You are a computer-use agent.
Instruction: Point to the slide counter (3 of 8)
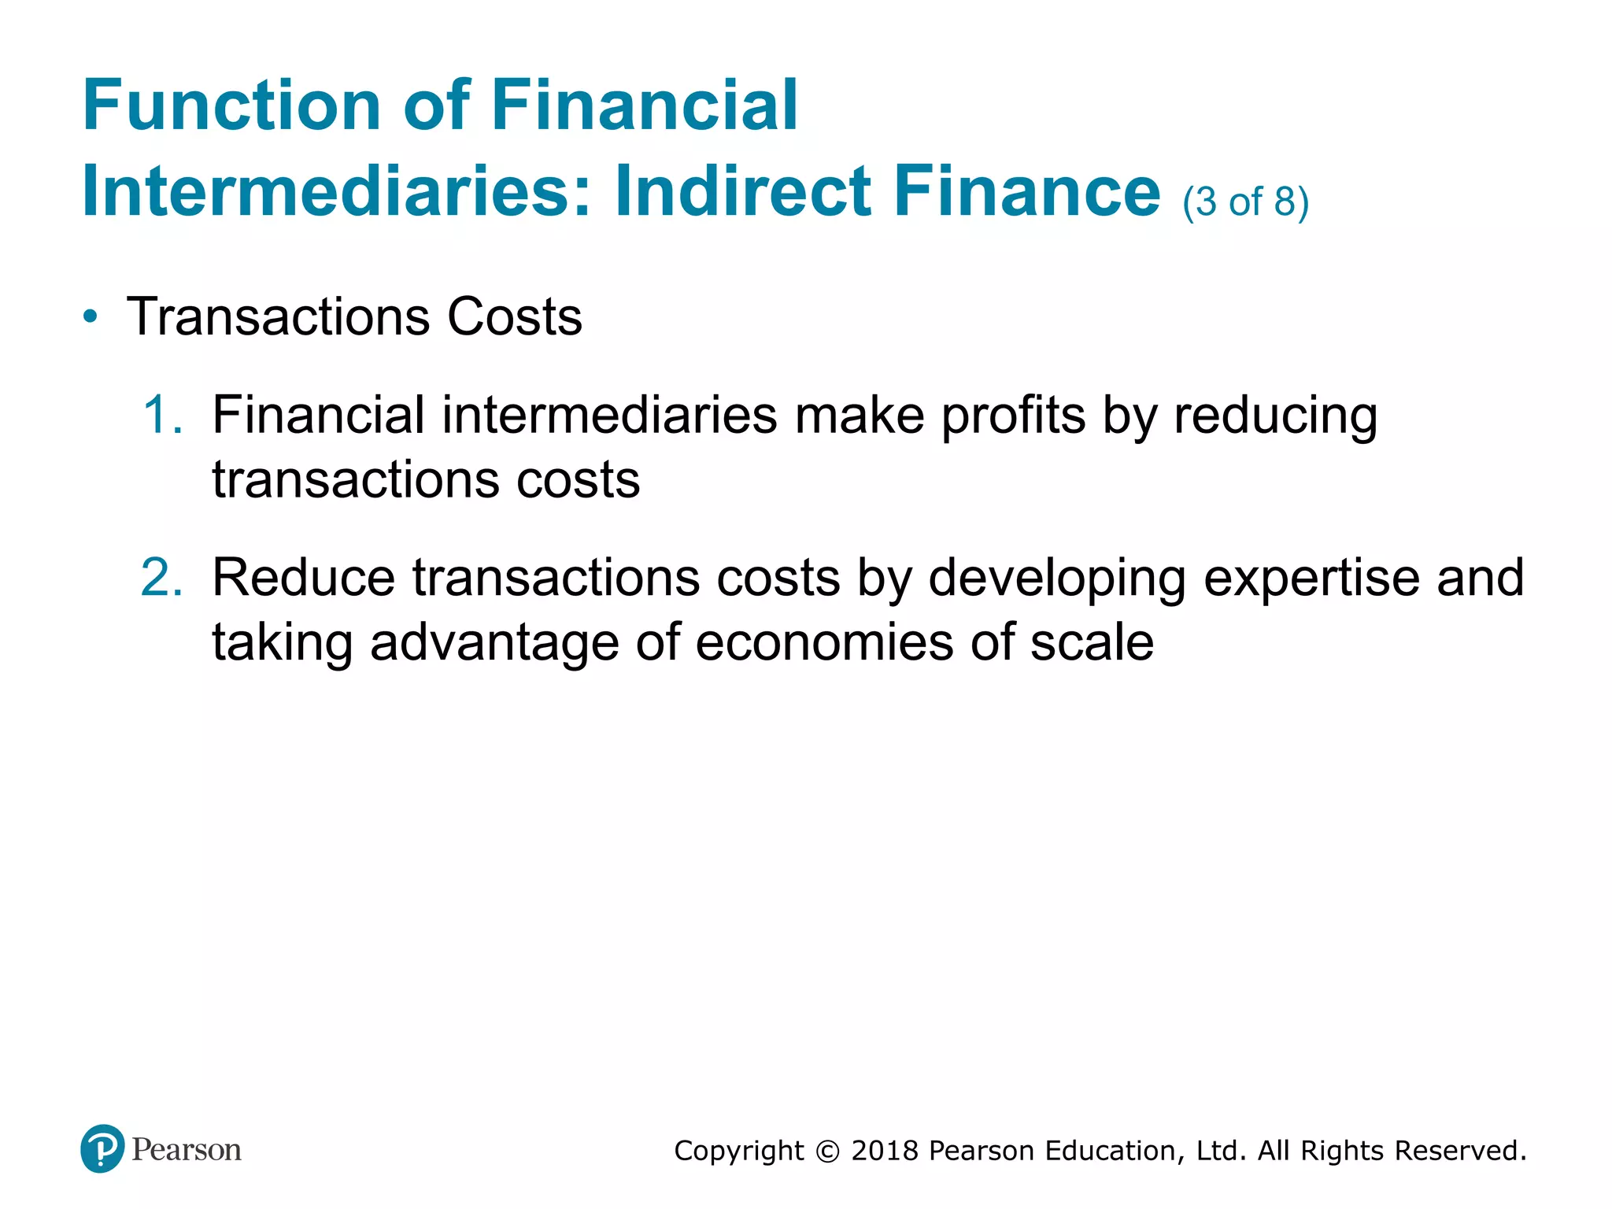click(1245, 201)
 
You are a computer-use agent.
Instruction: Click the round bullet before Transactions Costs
click(91, 317)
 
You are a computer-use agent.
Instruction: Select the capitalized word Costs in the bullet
click(515, 317)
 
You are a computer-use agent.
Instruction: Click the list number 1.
click(162, 415)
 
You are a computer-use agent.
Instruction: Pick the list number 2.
click(162, 578)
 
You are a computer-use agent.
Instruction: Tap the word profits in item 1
click(1013, 415)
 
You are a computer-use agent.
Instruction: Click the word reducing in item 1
click(1275, 416)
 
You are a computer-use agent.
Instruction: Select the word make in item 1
click(860, 415)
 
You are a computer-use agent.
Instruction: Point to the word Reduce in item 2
click(303, 578)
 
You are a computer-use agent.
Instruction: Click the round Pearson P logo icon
click(102, 1149)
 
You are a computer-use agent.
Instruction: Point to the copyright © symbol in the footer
click(827, 1152)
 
